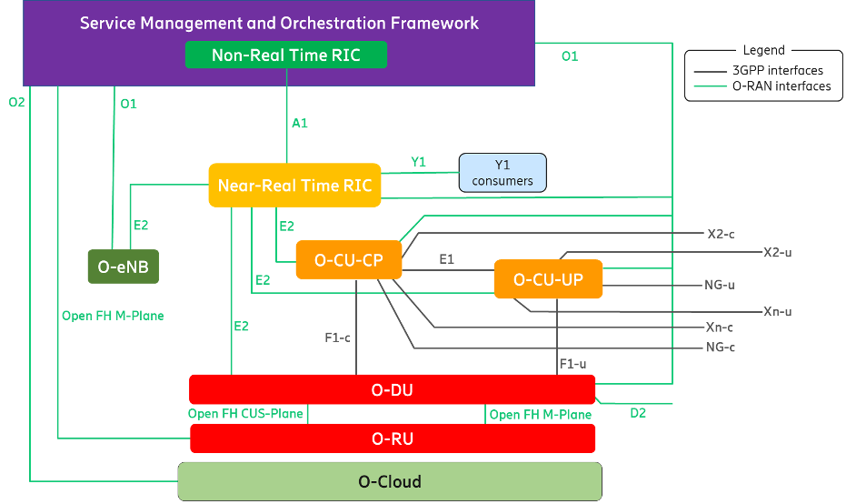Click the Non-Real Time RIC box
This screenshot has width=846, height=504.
tap(286, 55)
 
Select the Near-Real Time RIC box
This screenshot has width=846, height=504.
tap(294, 186)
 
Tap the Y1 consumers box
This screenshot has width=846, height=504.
tap(503, 173)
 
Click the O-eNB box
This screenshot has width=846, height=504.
tap(124, 267)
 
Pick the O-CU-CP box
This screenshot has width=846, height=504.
tap(349, 260)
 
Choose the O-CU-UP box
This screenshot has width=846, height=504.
tap(548, 278)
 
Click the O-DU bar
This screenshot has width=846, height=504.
tap(393, 389)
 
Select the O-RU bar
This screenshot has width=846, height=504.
tap(393, 438)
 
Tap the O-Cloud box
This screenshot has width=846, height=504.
tap(390, 481)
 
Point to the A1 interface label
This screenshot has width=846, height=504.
tap(300, 123)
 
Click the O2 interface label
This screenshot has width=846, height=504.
tap(16, 102)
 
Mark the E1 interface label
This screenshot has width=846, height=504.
tap(447, 259)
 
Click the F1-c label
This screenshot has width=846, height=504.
tap(337, 338)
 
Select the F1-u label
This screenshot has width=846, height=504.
tap(573, 364)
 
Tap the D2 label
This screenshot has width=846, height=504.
tap(638, 413)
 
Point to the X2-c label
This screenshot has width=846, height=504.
tap(721, 234)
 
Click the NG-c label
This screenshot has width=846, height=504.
tap(721, 347)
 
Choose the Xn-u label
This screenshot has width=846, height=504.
tap(778, 311)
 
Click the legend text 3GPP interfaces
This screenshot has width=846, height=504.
tap(778, 70)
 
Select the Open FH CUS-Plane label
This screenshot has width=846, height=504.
tap(245, 414)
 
